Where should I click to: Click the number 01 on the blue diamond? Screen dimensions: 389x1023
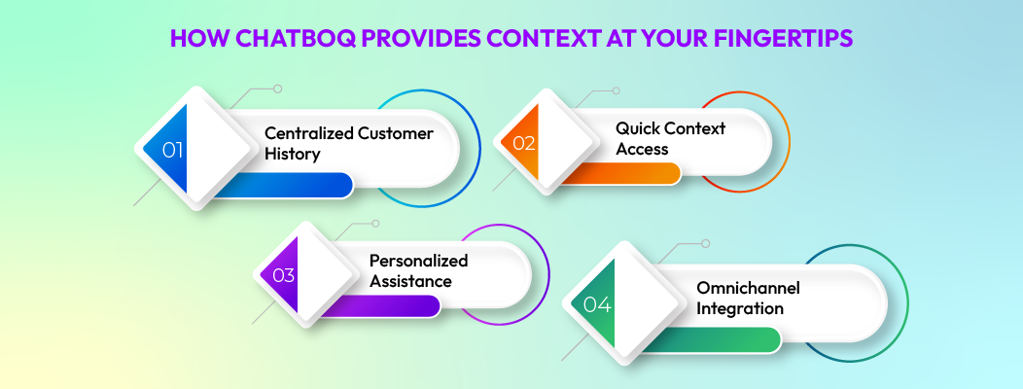(173, 150)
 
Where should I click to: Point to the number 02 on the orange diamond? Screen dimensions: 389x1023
(524, 143)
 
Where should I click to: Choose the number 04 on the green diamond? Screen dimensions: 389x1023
(597, 304)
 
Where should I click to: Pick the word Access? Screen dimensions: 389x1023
(642, 149)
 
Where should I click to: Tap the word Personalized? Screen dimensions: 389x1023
(418, 261)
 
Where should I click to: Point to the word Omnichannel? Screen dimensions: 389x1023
(745, 288)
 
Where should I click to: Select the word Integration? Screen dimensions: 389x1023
(740, 309)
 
